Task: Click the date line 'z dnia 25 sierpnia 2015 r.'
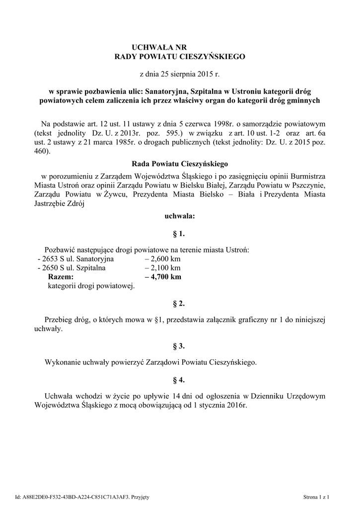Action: point(179,74)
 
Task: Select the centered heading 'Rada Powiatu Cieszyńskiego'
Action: point(179,163)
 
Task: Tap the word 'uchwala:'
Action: point(179,216)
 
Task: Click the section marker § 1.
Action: point(179,233)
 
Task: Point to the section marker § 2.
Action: point(179,303)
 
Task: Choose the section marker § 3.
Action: point(179,346)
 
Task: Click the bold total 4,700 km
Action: point(163,277)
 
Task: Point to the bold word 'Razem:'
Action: point(61,277)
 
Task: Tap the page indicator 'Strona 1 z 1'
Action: point(316,497)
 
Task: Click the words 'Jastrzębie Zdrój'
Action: point(59,202)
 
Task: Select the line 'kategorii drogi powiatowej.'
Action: point(91,286)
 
